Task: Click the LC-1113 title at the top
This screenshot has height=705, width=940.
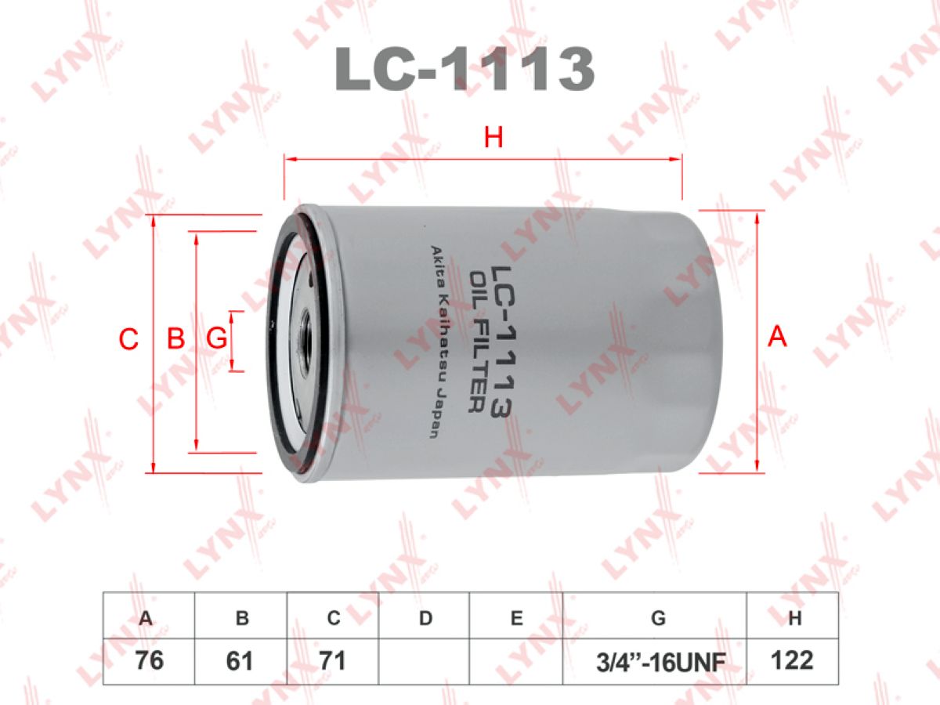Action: [x=465, y=70]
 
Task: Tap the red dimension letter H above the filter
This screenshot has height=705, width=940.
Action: [x=493, y=138]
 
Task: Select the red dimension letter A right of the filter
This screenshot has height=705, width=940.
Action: [x=777, y=337]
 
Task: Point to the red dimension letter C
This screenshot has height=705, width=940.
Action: [x=128, y=339]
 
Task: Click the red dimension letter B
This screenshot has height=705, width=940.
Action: [x=175, y=338]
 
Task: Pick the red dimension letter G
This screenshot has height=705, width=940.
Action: [x=216, y=338]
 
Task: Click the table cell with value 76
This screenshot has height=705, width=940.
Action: [x=149, y=661]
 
